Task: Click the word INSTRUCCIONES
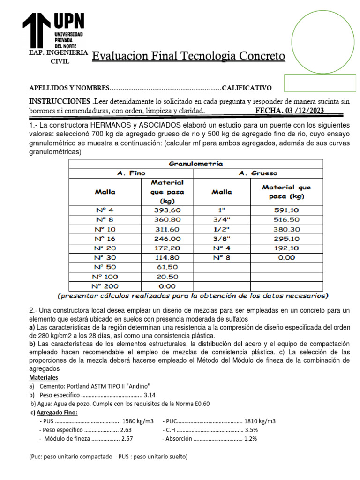[x=60, y=102]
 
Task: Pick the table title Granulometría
[x=196, y=164]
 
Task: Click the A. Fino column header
[x=131, y=173]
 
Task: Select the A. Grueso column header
[x=258, y=173]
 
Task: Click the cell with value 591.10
[x=286, y=210]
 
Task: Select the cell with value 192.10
[x=286, y=247]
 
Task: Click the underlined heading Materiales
[x=44, y=377]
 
